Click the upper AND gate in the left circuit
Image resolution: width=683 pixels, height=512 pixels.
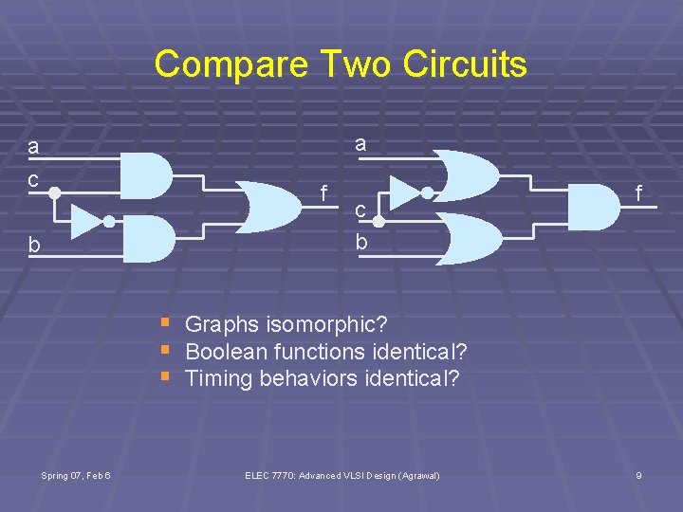143,175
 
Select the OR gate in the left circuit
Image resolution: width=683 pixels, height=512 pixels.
269,208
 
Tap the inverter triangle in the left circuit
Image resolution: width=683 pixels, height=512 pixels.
85,221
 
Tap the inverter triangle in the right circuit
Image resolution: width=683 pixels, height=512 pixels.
405,192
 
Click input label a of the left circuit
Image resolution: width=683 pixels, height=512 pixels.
33,147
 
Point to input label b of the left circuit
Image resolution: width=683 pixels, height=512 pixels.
33,245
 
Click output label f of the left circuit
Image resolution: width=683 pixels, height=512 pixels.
323,194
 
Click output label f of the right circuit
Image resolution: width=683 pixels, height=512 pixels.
639,194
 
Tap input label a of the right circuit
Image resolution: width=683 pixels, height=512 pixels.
360,144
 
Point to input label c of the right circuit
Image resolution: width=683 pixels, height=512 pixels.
360,210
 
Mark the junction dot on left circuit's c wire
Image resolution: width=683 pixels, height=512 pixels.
55,192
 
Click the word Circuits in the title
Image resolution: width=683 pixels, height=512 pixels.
465,64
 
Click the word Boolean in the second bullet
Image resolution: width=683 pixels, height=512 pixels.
226,352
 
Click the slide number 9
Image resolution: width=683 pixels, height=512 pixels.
638,475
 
